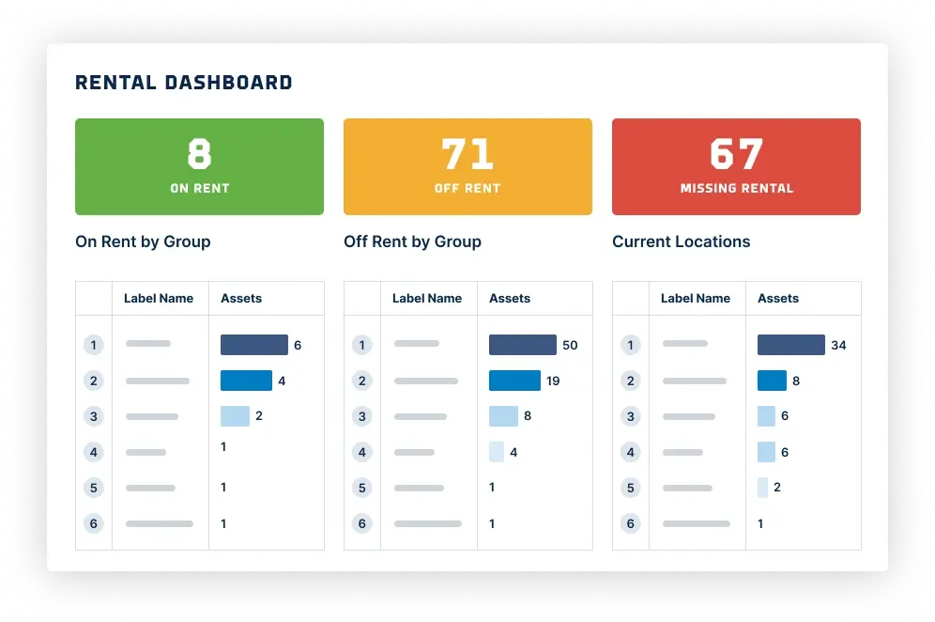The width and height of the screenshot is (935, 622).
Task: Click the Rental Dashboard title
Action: coord(184,83)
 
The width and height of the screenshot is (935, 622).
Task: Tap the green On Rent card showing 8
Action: coord(199,166)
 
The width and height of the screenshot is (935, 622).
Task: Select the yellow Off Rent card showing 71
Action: coord(467,166)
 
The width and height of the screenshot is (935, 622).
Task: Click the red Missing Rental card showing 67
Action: coord(736,166)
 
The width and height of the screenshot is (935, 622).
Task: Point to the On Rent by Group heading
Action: coord(143,241)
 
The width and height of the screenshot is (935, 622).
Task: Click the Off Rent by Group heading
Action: coord(412,241)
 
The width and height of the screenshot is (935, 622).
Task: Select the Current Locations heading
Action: coord(681,241)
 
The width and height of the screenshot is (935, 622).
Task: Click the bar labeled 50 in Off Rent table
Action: coord(522,345)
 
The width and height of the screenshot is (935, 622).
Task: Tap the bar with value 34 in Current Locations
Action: coord(790,345)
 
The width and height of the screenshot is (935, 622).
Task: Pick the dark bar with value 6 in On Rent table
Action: coord(253,345)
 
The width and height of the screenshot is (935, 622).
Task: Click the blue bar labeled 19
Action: coord(514,381)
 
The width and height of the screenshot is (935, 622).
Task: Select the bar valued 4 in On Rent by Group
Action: coord(246,381)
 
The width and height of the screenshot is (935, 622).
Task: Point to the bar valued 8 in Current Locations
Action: coord(772,381)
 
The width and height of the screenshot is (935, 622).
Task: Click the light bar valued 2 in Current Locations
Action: coord(762,488)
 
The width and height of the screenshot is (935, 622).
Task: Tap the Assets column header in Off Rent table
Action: coord(510,298)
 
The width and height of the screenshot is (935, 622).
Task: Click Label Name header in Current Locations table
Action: coord(695,298)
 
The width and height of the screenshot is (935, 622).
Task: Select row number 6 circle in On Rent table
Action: coord(93,523)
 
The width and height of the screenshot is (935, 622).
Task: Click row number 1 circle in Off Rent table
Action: coord(361,345)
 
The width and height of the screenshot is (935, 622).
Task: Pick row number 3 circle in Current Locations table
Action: coord(630,416)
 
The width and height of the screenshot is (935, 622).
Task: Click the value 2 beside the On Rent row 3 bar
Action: coord(259,416)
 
